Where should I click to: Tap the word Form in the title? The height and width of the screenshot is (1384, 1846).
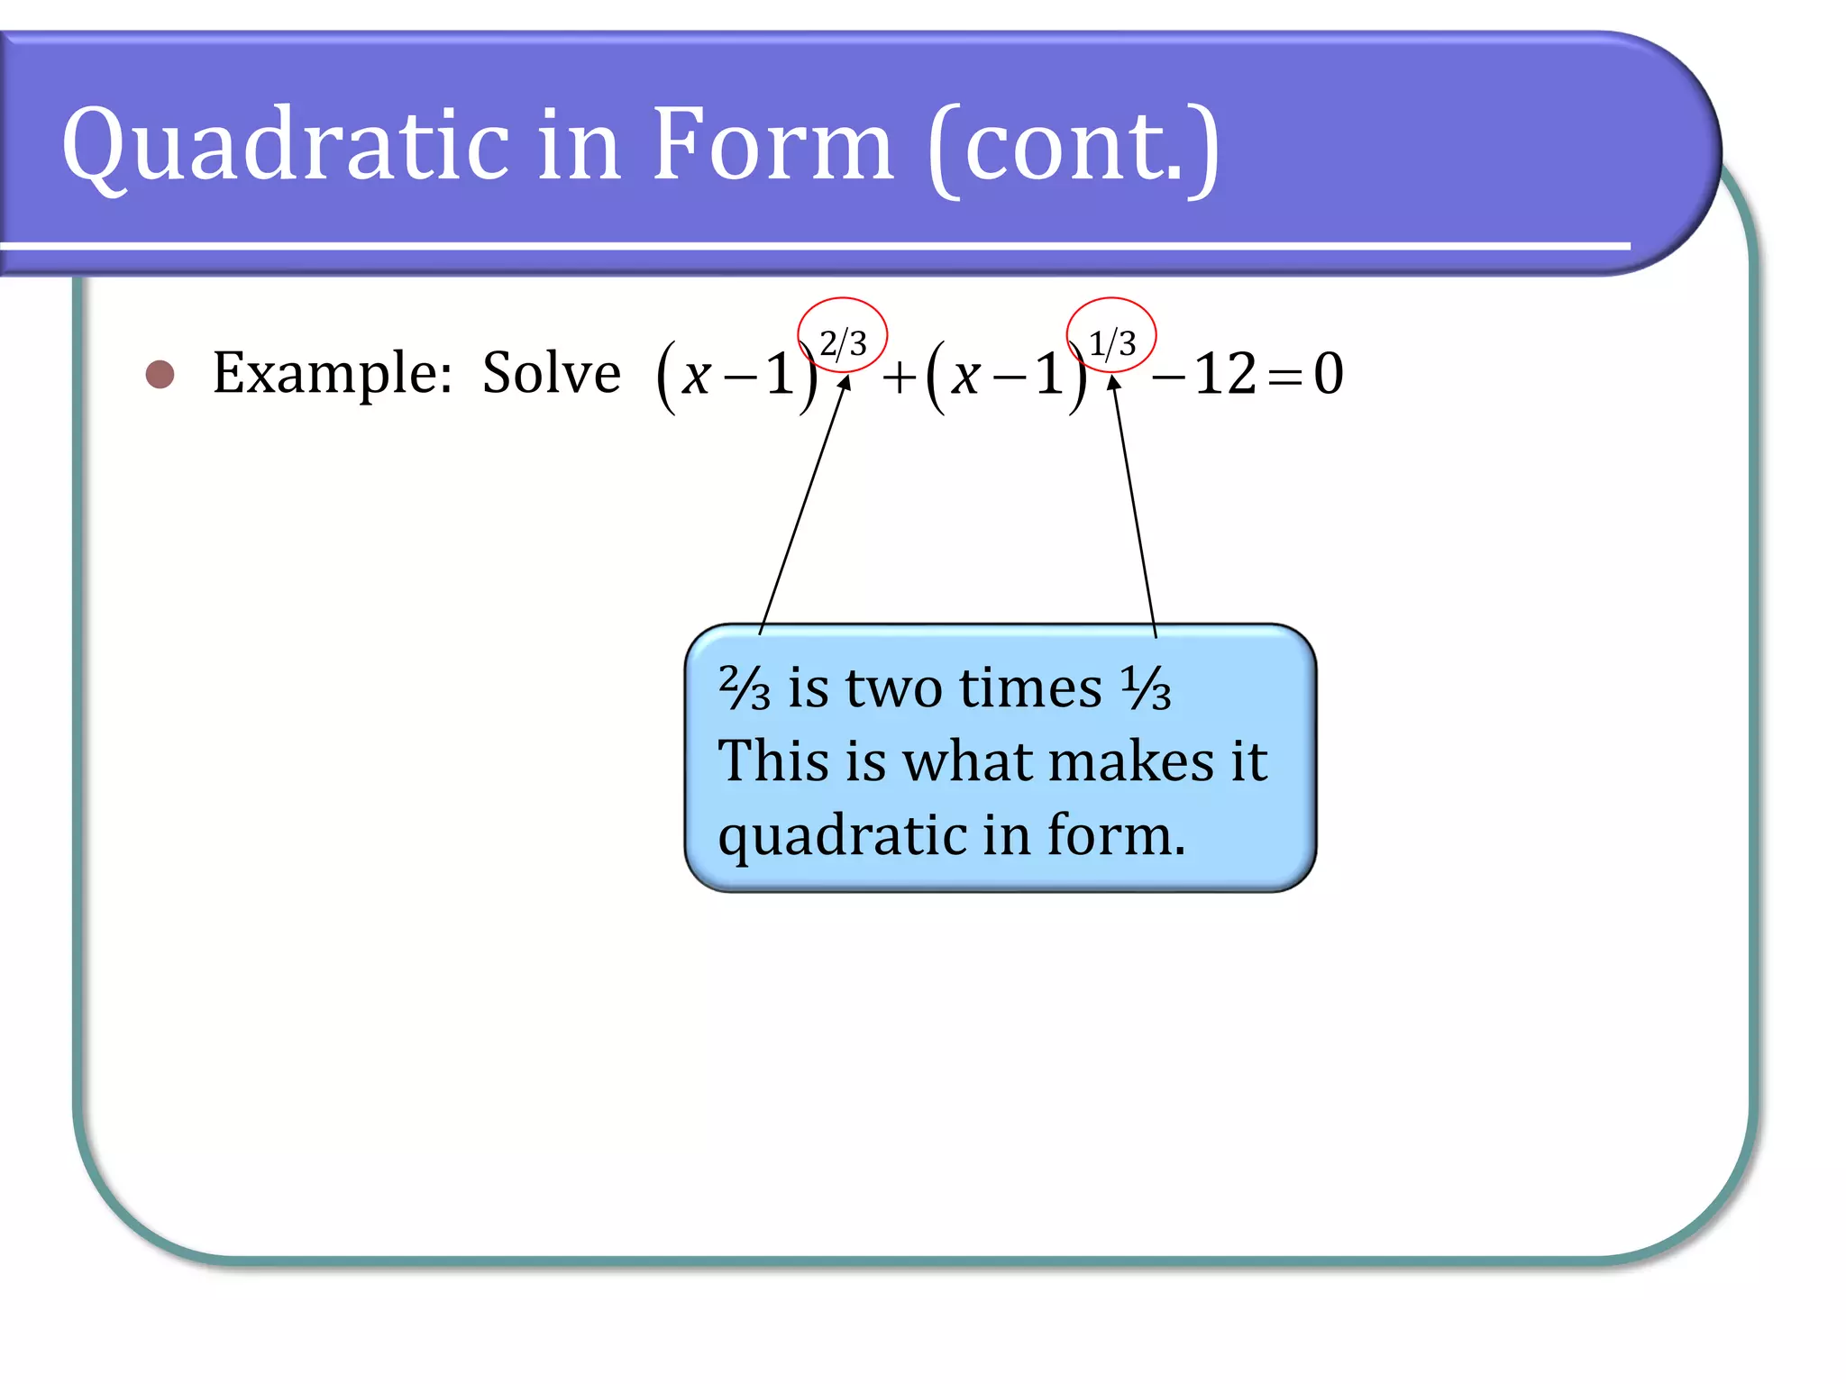772,144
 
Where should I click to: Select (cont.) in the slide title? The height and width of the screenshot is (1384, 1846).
1073,149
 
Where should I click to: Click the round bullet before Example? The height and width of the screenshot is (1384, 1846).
160,374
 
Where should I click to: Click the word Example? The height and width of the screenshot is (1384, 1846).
332,374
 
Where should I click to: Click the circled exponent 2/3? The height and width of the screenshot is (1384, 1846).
843,342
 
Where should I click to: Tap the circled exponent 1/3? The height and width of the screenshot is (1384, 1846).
1111,342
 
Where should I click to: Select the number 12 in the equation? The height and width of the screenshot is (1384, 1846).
1225,374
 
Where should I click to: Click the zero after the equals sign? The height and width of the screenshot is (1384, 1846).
1328,374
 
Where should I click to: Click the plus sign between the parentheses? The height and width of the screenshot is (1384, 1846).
899,377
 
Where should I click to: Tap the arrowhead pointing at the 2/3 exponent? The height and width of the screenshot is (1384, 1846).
845,382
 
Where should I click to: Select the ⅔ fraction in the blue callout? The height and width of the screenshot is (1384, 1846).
745,688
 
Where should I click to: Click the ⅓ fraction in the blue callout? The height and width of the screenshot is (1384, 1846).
1146,688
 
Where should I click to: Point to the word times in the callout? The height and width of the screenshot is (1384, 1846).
1030,688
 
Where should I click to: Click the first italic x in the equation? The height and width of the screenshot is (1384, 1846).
696,376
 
